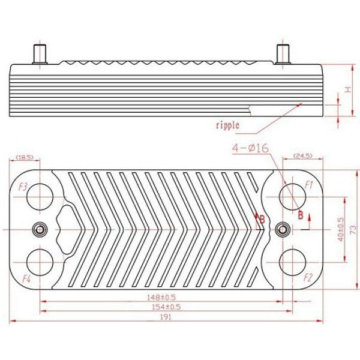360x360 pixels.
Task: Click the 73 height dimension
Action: tap(353, 229)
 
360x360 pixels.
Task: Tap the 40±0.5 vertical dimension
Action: tap(341, 229)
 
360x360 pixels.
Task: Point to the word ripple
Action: tap(227, 125)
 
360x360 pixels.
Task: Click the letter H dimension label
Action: tap(347, 90)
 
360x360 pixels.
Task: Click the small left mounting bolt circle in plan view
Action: tap(40, 229)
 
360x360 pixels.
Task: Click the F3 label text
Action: tap(23, 186)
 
